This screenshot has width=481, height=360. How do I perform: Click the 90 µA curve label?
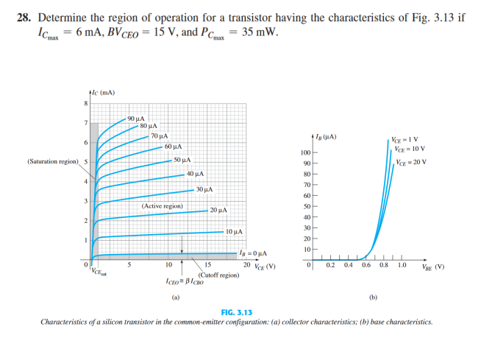[x=136, y=119]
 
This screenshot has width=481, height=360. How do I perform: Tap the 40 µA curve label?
[x=195, y=174]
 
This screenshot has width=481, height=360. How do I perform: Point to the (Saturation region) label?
[x=52, y=160]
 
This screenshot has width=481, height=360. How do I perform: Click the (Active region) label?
[x=162, y=207]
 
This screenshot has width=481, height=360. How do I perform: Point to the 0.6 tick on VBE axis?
[x=366, y=265]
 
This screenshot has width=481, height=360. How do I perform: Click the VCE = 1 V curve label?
[x=405, y=140]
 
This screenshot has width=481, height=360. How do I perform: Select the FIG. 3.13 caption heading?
[x=240, y=313]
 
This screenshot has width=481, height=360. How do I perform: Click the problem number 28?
[x=23, y=15]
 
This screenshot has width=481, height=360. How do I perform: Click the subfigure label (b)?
[x=373, y=298]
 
